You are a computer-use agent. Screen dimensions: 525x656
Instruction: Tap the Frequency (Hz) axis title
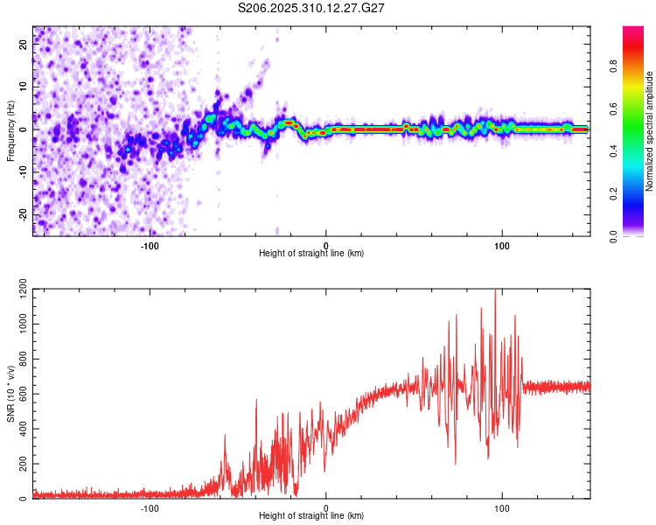click(x=10, y=130)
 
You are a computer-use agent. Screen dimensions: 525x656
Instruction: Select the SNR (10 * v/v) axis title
click(x=10, y=394)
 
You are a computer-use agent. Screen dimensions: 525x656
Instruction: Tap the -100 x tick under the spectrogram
click(x=150, y=244)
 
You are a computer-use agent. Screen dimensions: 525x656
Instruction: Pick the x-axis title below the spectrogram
click(x=311, y=253)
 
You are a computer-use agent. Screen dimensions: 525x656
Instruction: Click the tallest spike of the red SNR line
click(x=496, y=290)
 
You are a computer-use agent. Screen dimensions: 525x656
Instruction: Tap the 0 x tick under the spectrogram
click(x=326, y=244)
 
